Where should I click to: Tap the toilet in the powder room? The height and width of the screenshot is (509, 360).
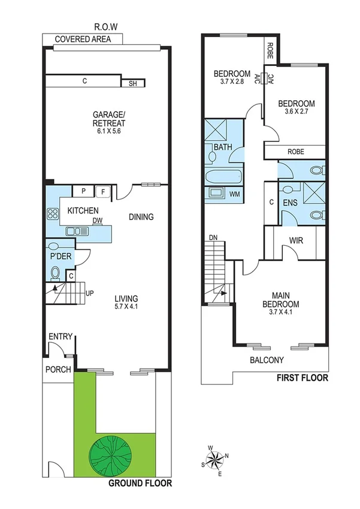(x=55, y=273)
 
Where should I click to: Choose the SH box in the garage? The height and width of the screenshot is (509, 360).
(x=133, y=83)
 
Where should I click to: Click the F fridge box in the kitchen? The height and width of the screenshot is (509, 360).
(x=103, y=192)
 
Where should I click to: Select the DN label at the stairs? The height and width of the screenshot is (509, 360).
(x=213, y=238)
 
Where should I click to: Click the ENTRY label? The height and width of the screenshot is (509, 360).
(x=60, y=336)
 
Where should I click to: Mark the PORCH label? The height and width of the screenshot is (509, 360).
(x=58, y=369)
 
